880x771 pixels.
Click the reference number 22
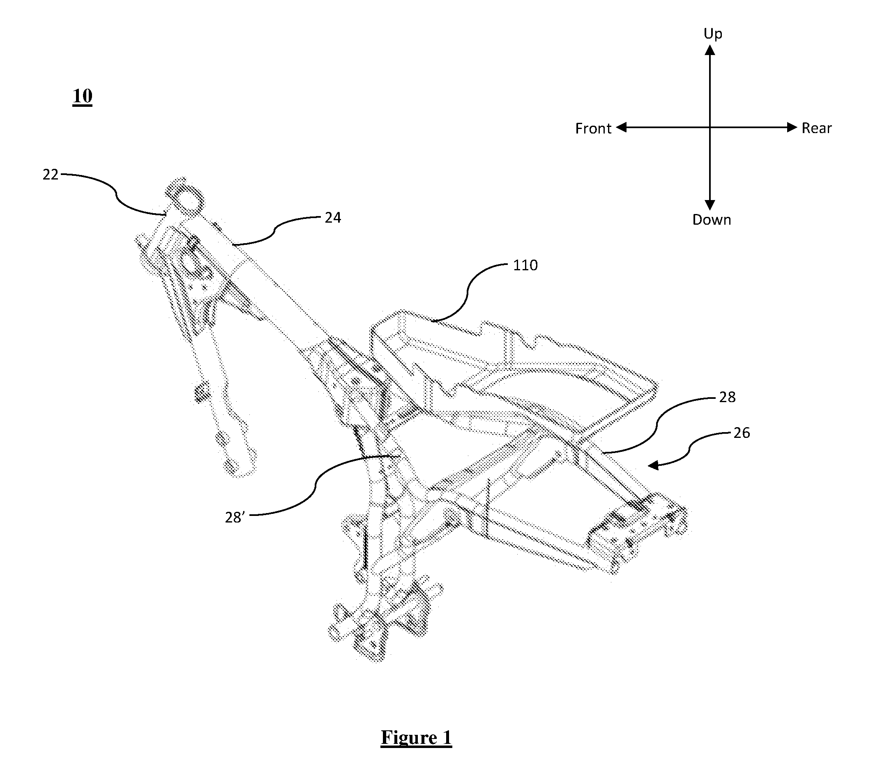click(x=51, y=175)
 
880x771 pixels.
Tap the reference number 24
click(x=333, y=218)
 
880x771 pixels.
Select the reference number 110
click(x=525, y=265)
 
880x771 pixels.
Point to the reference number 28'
click(x=235, y=517)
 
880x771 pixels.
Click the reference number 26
click(x=742, y=433)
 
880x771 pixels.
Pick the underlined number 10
click(x=82, y=96)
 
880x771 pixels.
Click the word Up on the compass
click(x=713, y=34)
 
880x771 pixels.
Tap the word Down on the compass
click(x=711, y=220)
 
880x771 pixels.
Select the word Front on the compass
click(x=593, y=129)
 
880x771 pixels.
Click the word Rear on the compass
click(x=816, y=128)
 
